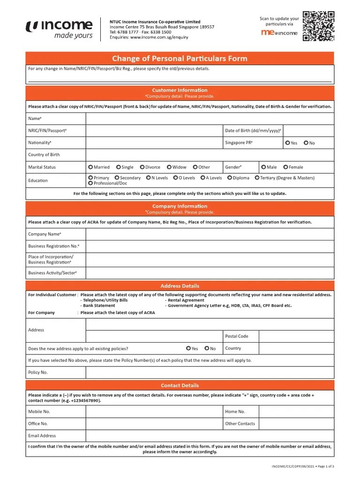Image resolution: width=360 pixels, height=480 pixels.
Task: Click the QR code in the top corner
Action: coord(318,26)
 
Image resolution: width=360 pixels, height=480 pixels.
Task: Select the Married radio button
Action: coord(90,167)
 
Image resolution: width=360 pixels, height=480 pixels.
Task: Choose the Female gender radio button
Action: coord(285,167)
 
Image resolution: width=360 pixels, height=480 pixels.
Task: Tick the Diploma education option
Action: coord(230,178)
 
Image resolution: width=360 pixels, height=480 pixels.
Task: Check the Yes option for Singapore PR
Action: coord(287,143)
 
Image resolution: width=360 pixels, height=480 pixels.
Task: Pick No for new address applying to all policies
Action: coord(207,348)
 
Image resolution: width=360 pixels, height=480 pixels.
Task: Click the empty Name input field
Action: coord(210,119)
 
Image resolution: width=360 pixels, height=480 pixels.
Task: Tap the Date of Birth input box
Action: coord(308,131)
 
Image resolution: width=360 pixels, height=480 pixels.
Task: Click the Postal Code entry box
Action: coord(296,336)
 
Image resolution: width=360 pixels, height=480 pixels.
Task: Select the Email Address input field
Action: coord(210,435)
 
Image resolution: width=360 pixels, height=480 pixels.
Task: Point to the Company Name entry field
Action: coord(210,234)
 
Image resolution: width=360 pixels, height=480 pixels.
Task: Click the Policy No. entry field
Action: coord(210,372)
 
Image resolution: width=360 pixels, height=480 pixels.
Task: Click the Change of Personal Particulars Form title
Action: coord(180,59)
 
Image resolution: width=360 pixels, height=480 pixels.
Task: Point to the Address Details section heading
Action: coord(180,286)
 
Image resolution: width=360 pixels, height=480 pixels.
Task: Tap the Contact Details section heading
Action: coord(180,385)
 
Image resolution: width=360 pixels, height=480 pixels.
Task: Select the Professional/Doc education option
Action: coord(90,183)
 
